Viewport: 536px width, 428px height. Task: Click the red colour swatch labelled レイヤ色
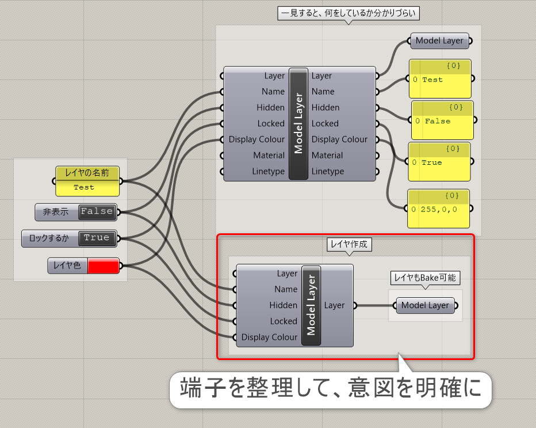104,266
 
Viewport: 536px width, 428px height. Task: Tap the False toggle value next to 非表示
97,211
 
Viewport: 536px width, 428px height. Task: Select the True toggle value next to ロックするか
97,238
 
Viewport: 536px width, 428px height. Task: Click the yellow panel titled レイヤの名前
87,181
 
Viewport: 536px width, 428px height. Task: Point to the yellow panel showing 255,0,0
439,209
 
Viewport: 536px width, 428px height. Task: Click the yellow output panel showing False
442,120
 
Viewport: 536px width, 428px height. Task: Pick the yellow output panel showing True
439,162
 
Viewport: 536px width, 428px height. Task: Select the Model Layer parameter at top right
439,41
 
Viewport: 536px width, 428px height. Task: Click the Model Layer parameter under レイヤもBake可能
425,305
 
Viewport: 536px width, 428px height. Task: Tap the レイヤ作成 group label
349,244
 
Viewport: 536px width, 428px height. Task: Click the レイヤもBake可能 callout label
425,278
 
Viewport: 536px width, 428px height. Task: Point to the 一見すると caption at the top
349,13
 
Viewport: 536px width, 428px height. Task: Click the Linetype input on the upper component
269,171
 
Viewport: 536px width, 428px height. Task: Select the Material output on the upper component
327,156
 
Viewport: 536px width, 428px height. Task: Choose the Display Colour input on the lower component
269,337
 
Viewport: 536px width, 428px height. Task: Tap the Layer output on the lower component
334,305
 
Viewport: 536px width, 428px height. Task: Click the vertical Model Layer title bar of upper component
298,124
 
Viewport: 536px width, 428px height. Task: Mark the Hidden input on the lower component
284,305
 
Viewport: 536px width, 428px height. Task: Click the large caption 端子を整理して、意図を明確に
331,388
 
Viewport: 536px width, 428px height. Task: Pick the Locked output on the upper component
325,124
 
